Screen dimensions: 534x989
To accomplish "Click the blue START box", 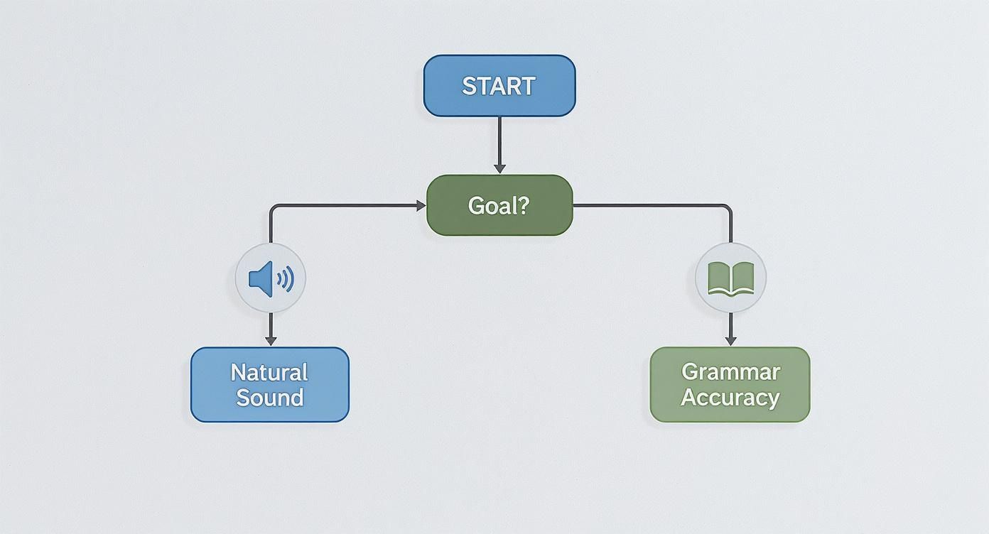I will coord(499,86).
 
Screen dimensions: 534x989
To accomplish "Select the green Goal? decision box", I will coord(499,205).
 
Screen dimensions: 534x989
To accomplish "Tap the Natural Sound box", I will coord(270,384).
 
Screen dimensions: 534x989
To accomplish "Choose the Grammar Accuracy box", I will coord(730,384).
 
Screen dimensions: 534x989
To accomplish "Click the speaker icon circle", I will coord(270,278).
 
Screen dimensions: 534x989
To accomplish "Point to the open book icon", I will coord(730,278).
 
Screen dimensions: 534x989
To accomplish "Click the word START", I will coord(499,86).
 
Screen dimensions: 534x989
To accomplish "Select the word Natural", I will coord(269,372).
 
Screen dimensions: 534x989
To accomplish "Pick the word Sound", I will coord(270,397).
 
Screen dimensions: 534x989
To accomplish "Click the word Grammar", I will coord(730,371).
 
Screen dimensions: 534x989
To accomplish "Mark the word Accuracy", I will coord(730,397).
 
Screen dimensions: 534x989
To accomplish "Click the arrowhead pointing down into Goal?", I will coord(499,168).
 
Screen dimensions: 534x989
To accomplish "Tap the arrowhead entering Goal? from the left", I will coord(421,205).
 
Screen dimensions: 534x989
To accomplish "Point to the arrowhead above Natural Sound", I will coord(270,340).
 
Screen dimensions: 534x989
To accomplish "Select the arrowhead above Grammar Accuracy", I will coord(730,340).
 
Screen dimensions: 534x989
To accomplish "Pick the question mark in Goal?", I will coord(524,206).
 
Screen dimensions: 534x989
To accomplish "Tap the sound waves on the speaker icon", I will coord(286,280).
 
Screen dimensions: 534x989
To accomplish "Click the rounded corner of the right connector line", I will coord(728,208).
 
